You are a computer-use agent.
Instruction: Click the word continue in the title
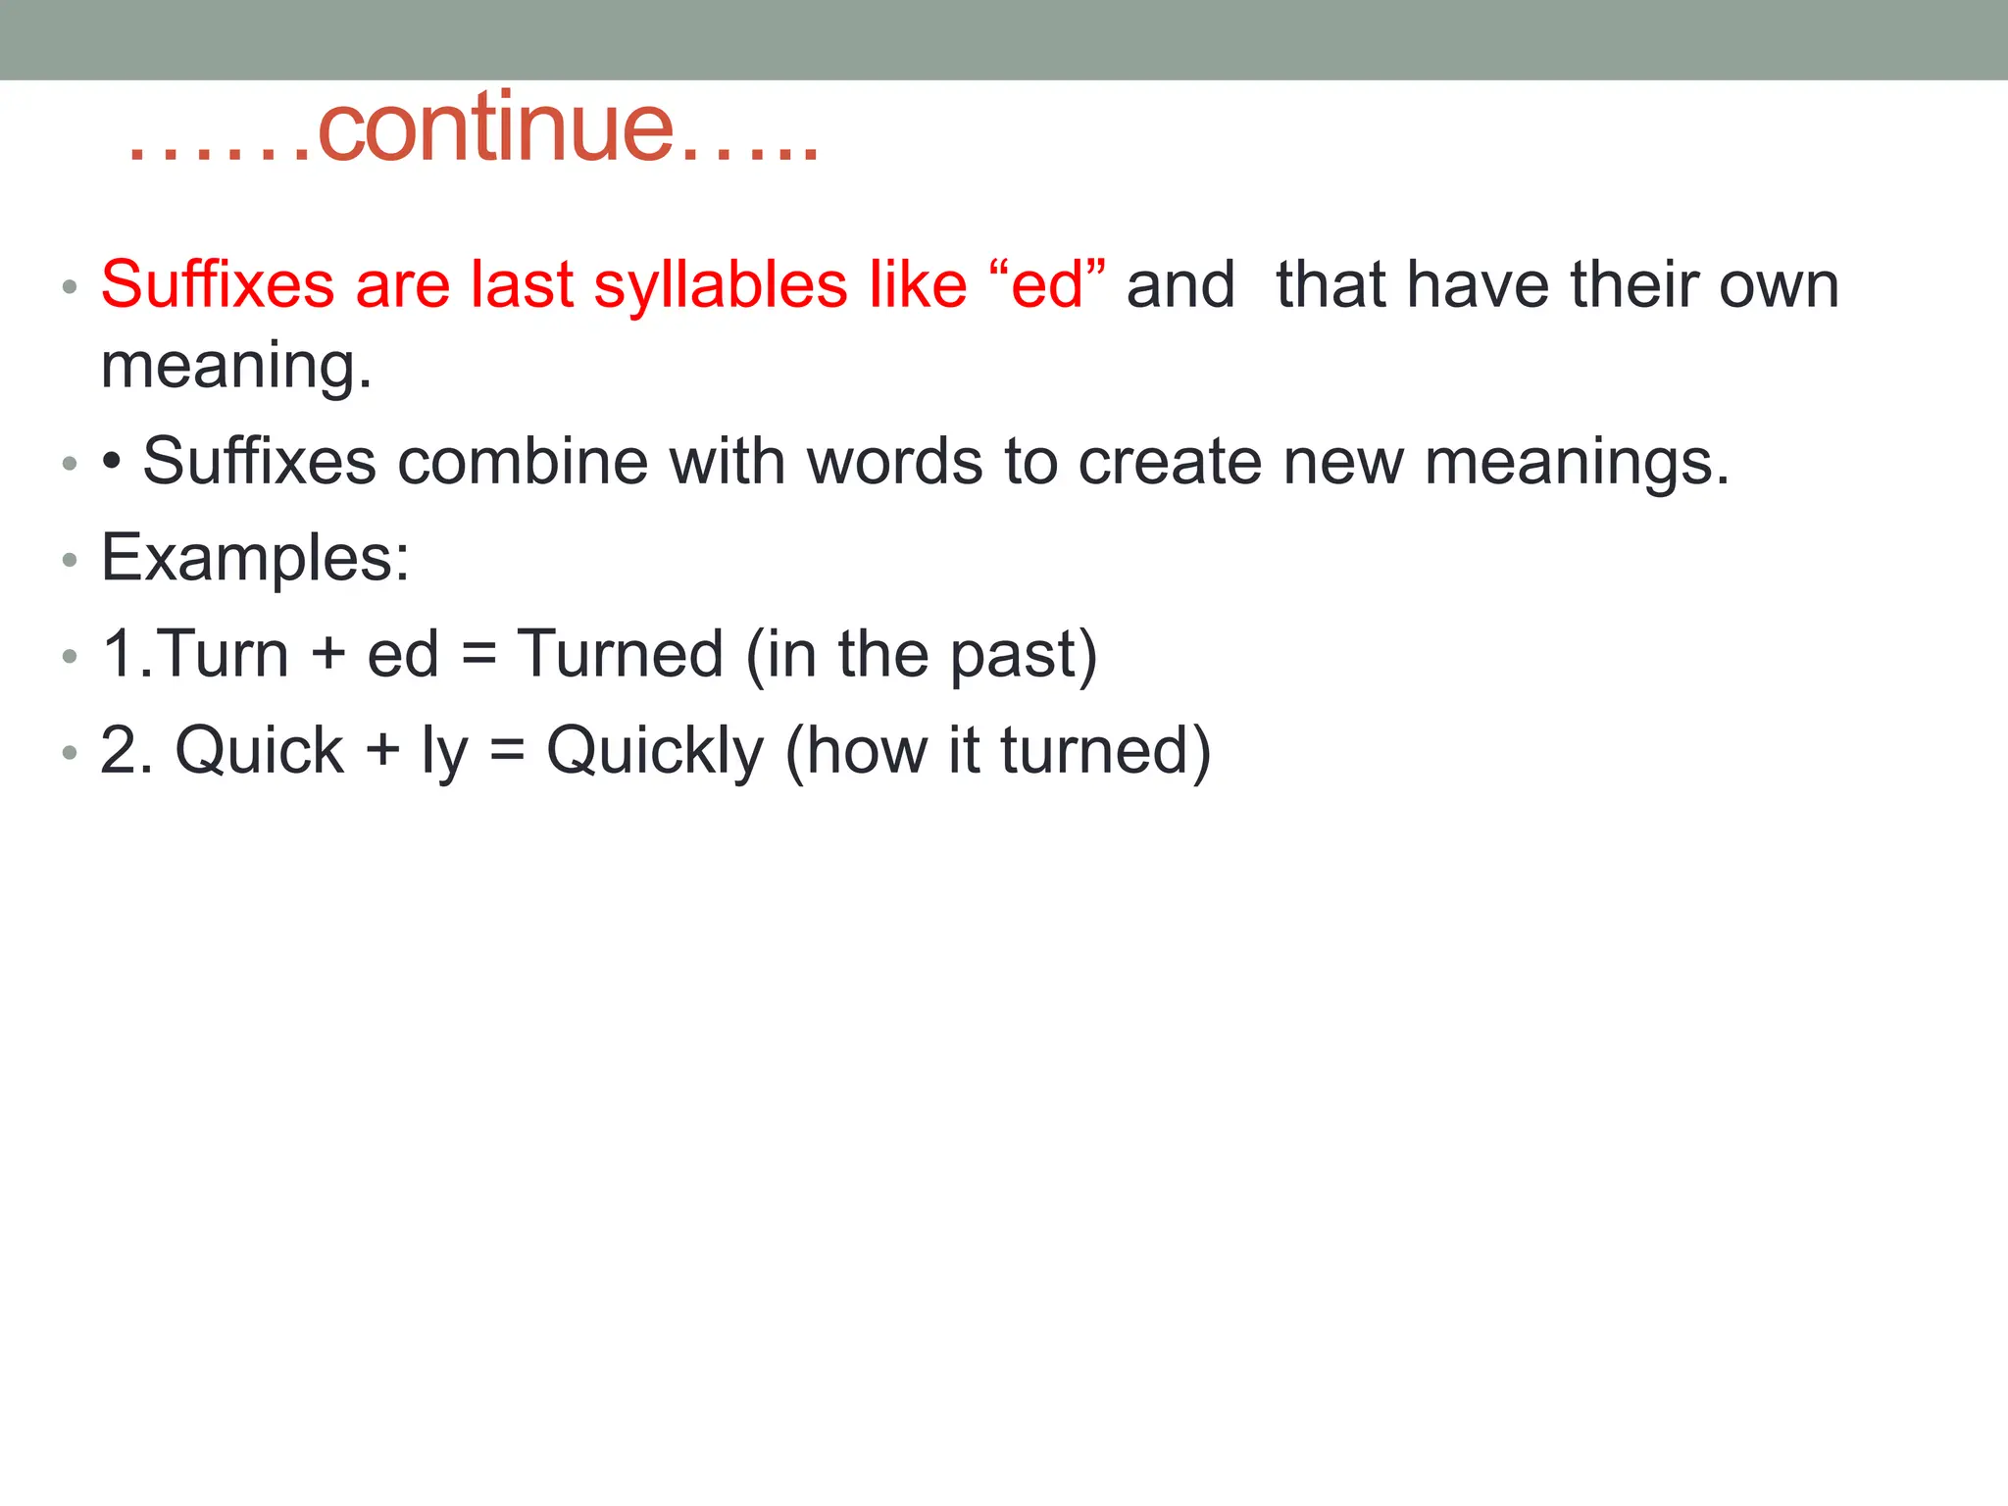496,129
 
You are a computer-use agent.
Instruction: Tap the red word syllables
720,286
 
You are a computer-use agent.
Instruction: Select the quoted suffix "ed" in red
1047,285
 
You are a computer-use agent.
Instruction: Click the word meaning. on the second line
236,366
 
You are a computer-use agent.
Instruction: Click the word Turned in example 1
620,654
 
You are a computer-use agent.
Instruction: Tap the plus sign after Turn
328,655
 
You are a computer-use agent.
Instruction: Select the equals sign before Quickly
507,752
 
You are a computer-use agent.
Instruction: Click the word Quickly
655,752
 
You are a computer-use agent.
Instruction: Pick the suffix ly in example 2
444,752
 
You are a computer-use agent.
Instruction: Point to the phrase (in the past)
921,654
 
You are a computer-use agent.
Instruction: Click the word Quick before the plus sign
260,751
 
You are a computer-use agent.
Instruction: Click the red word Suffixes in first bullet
218,285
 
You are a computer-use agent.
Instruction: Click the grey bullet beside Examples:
69,560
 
